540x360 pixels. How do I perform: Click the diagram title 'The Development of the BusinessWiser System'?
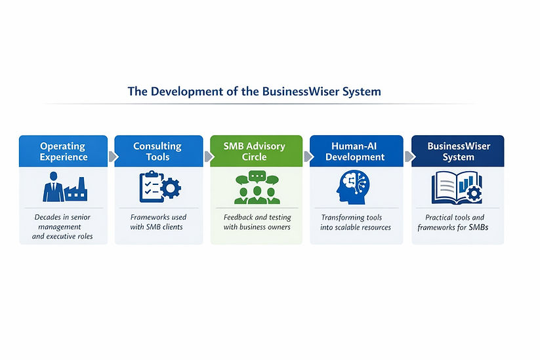click(254, 91)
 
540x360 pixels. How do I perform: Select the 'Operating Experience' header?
click(63, 151)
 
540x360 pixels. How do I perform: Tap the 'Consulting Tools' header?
click(157, 151)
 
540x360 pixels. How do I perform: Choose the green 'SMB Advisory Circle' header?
click(255, 151)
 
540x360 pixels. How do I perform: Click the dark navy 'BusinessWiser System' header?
click(457, 151)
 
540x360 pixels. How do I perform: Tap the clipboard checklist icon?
click(150, 187)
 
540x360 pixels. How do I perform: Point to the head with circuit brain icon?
click(355, 187)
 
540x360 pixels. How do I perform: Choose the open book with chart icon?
click(457, 188)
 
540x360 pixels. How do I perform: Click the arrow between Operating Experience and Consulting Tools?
click(112, 156)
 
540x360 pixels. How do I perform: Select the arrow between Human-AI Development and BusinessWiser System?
click(408, 156)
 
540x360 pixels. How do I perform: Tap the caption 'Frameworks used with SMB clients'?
click(157, 222)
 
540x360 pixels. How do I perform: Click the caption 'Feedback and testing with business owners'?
click(256, 222)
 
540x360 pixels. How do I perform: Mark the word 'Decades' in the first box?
click(49, 217)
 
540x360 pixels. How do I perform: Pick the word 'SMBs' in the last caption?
click(476, 228)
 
